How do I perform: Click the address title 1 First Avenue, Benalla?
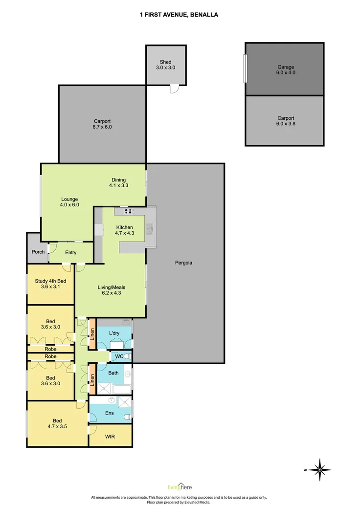[179, 15]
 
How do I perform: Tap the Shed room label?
[165, 65]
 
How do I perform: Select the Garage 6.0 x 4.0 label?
[286, 70]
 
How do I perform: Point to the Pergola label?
[183, 263]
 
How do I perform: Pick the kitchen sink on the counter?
[150, 229]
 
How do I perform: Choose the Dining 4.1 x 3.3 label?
[118, 182]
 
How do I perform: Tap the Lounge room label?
[69, 202]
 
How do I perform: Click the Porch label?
[38, 252]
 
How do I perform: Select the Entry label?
[71, 252]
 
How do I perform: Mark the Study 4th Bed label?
[50, 284]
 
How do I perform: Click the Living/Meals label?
[112, 290]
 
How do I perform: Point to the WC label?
[119, 356]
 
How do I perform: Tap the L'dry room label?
[114, 333]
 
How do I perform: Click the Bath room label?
[113, 373]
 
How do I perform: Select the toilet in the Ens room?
[128, 417]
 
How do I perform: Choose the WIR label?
[110, 437]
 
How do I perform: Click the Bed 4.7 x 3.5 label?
[57, 423]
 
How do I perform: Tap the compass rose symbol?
[319, 469]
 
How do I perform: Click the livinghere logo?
[180, 486]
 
